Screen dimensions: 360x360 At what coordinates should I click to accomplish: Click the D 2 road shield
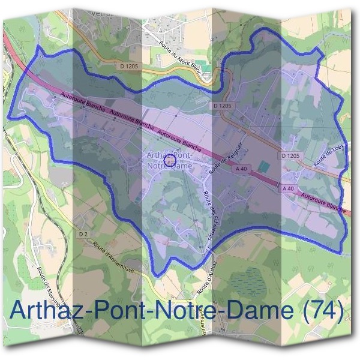83,233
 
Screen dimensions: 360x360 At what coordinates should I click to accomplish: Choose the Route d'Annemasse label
117,258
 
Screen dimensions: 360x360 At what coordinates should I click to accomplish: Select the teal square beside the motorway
264,164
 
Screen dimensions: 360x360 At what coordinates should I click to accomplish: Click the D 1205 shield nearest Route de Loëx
289,156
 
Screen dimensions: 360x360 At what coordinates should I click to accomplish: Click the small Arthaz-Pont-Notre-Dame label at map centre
170,160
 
